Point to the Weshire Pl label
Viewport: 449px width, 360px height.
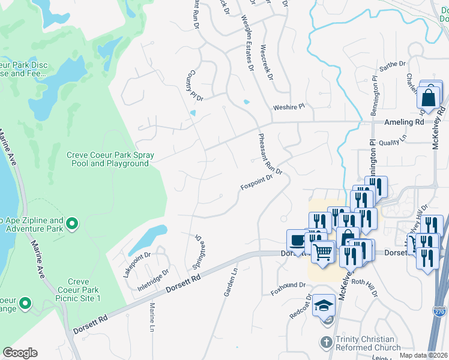click(x=289, y=106)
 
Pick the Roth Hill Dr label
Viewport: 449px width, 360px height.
click(x=364, y=287)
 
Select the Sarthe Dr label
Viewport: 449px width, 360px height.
click(x=393, y=64)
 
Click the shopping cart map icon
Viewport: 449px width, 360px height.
click(x=323, y=252)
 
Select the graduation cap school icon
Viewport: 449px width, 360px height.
click(x=324, y=305)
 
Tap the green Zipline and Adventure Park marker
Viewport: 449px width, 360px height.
click(x=72, y=224)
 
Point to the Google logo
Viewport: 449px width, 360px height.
click(x=20, y=353)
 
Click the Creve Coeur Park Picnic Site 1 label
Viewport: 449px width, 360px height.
click(x=79, y=290)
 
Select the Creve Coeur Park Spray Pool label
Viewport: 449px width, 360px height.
click(x=110, y=159)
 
